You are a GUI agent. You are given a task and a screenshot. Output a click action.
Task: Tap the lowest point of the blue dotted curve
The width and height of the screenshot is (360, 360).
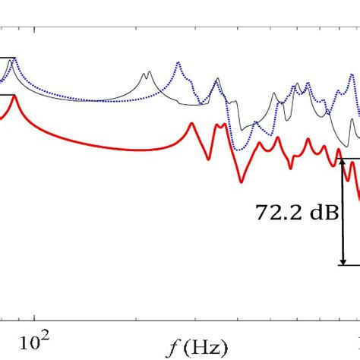click(240, 148)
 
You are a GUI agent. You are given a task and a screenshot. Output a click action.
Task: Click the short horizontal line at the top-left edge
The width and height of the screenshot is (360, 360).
click(6, 58)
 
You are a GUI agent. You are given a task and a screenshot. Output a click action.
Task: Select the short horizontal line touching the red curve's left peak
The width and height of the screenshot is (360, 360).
click(6, 95)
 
